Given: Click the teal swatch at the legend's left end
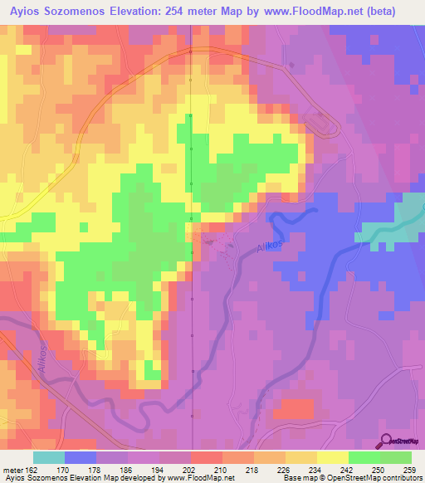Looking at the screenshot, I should (x=49, y=457).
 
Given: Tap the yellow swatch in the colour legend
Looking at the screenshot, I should (x=301, y=457).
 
